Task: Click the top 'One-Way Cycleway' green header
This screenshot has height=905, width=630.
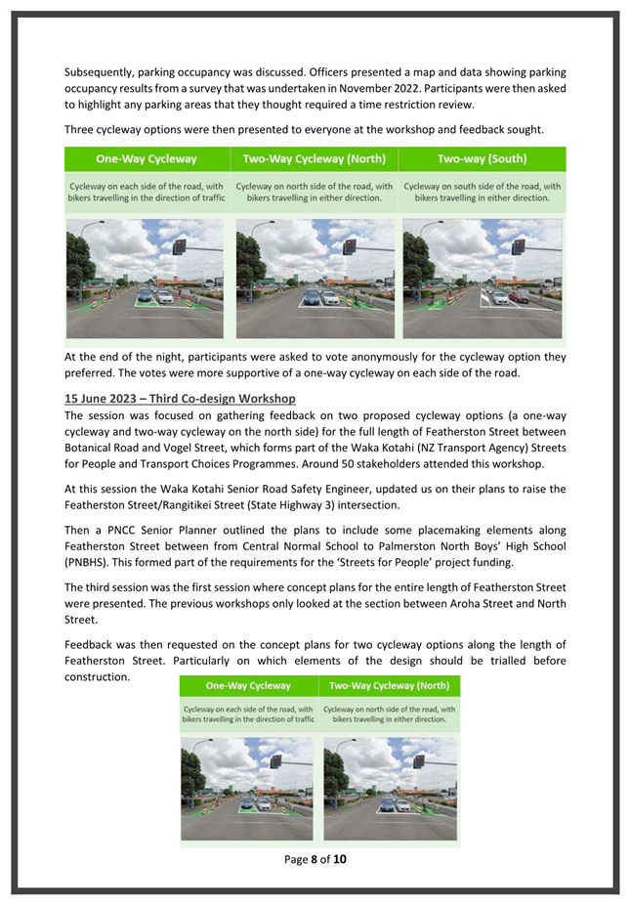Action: [x=147, y=158]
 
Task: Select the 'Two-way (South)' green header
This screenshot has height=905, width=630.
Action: [x=483, y=158]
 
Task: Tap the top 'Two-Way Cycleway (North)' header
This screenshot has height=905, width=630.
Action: [x=315, y=158]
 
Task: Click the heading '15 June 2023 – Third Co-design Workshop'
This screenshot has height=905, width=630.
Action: [x=180, y=399]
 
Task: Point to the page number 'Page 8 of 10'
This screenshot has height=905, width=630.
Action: [x=315, y=860]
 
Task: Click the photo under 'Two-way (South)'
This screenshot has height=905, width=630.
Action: [x=483, y=279]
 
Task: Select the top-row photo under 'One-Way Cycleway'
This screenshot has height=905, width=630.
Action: [x=147, y=279]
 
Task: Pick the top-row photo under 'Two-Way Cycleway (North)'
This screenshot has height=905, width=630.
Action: [x=315, y=279]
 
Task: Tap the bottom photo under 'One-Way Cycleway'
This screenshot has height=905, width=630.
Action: [x=248, y=788]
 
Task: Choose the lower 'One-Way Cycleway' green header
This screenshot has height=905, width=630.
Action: [x=248, y=685]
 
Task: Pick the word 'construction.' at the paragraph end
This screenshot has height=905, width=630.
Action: [x=98, y=676]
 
